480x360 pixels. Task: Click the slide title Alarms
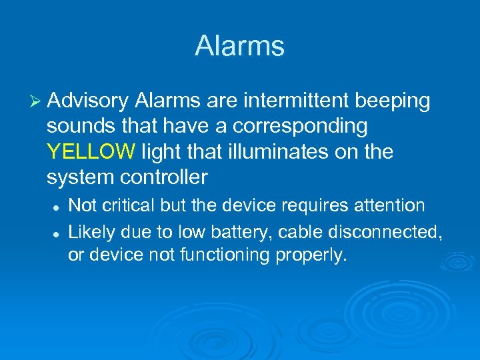click(x=239, y=46)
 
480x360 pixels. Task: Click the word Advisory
click(x=88, y=101)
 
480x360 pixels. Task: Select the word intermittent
click(x=296, y=101)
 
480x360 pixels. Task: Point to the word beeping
click(x=393, y=101)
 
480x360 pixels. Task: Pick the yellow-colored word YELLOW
click(x=91, y=152)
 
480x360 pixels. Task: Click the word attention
click(x=393, y=207)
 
